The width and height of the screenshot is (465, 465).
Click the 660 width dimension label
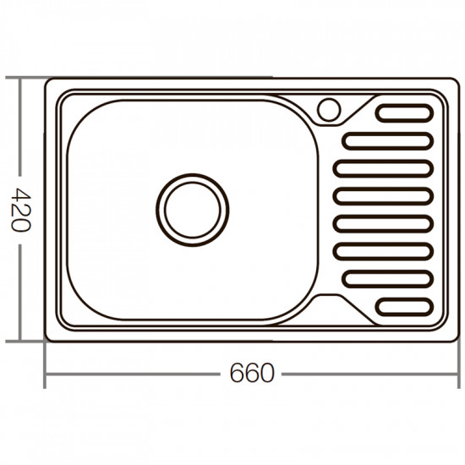click(x=251, y=373)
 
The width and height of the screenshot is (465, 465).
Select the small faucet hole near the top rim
click(x=329, y=108)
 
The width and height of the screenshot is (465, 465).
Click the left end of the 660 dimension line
click(x=45, y=373)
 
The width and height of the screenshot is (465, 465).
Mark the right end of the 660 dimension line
click(x=457, y=373)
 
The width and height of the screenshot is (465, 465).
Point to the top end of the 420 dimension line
click(x=21, y=78)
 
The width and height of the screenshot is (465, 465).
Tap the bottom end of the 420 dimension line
click(x=21, y=342)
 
